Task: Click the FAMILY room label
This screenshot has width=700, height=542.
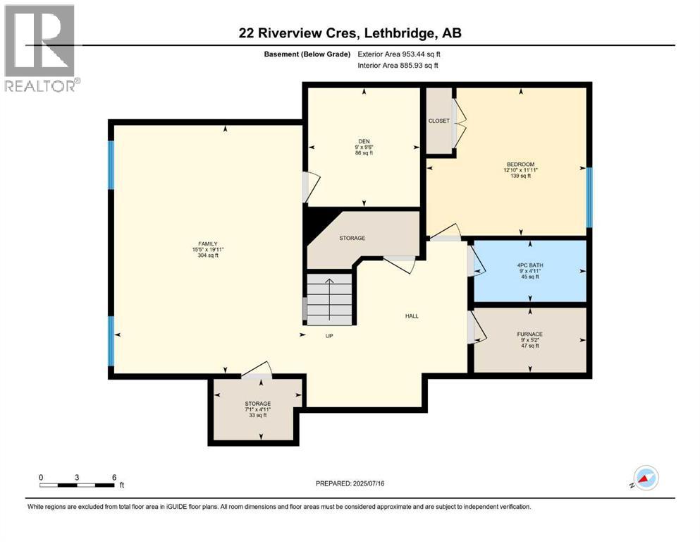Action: (207, 243)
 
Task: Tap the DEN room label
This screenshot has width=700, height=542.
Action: (364, 141)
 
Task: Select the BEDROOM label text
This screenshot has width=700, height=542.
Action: (520, 164)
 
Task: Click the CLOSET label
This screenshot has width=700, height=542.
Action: (439, 121)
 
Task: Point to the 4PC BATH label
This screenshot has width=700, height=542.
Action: (530, 265)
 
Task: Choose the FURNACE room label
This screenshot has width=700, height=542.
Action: (530, 334)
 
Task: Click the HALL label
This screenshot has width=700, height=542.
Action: (412, 316)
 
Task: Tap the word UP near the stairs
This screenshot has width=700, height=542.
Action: (329, 335)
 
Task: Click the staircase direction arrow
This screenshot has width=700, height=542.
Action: (329, 299)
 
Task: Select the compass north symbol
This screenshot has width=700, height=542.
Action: (646, 478)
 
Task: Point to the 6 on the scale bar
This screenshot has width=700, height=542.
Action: (114, 477)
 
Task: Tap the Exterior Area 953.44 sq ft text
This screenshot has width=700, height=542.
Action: (399, 54)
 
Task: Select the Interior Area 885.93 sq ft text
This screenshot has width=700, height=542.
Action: (398, 65)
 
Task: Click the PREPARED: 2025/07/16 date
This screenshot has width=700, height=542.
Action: (350, 483)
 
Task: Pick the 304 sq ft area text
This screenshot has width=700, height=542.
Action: (207, 255)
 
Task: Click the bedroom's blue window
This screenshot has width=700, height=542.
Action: (589, 197)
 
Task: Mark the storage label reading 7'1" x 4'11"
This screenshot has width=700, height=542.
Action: (257, 409)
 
